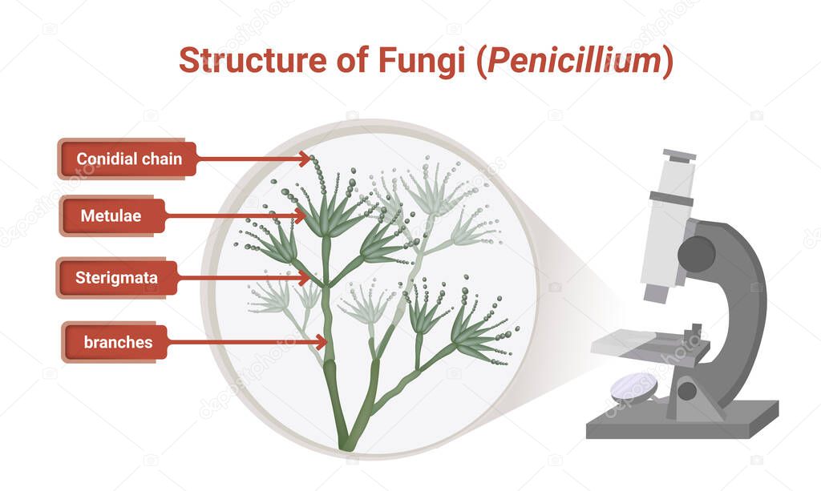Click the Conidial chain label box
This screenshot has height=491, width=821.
[x=127, y=159]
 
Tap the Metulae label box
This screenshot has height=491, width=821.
[x=113, y=215]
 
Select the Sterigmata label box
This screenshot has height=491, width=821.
[x=115, y=279]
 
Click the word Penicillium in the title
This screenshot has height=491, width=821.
[x=575, y=61]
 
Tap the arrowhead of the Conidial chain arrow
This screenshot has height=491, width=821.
[x=305, y=159]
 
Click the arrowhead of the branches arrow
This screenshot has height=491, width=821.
[x=322, y=342]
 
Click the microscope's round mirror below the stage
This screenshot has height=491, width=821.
[x=633, y=388]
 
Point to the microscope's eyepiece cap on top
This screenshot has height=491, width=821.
[x=679, y=155]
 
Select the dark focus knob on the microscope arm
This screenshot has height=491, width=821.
[x=696, y=253]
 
